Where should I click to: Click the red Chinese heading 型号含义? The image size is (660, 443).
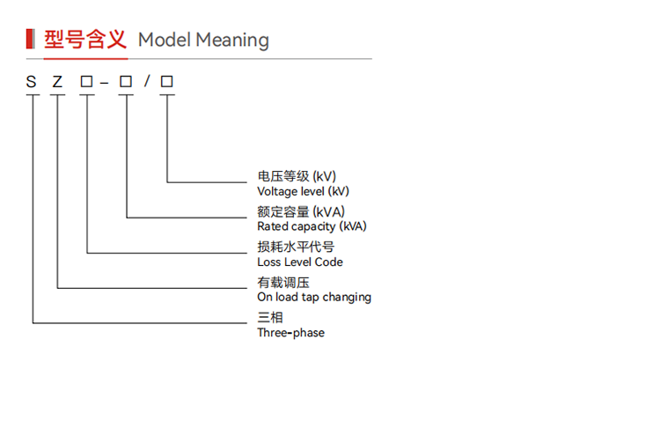tap(85, 40)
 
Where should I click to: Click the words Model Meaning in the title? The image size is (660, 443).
tap(204, 41)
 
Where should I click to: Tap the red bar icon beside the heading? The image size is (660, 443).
tap(30, 39)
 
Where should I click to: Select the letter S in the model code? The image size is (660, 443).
tap(31, 82)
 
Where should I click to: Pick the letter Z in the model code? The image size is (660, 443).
tap(57, 82)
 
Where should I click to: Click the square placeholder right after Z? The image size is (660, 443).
tap(87, 81)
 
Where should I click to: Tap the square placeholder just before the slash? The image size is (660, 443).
tap(126, 81)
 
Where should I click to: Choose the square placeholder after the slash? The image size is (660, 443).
tap(166, 81)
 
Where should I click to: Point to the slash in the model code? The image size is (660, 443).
tap(147, 81)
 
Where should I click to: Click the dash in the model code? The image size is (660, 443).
tap(105, 84)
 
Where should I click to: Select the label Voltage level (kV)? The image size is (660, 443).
tap(303, 192)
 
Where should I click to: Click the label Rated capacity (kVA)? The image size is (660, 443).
tap(312, 226)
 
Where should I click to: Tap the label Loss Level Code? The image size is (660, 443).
tap(300, 262)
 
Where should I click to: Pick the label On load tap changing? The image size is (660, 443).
tap(314, 298)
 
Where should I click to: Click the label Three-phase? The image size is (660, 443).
tap(291, 333)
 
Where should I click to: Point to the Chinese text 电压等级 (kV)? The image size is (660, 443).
tap(297, 176)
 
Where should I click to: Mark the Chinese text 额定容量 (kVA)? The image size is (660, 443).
tap(301, 211)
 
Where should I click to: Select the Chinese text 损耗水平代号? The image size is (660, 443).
tap(296, 247)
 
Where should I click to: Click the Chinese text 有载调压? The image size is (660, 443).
tap(283, 282)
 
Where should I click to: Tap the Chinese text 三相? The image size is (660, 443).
tap(270, 317)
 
